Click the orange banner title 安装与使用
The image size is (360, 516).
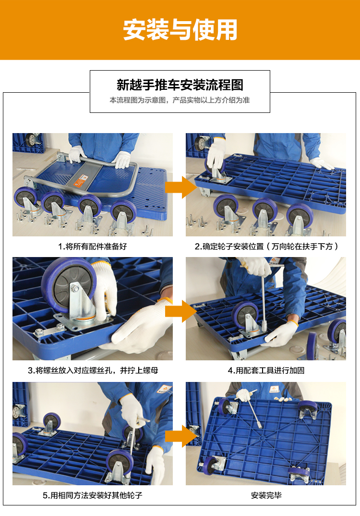tap(180, 30)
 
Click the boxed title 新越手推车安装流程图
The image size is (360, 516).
tap(180, 85)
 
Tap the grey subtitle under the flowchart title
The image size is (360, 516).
tap(180, 100)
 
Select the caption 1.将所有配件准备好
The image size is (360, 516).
tap(92, 246)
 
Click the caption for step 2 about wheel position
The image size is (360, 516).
tap(266, 246)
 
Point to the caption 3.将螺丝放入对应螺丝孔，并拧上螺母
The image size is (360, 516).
tap(93, 370)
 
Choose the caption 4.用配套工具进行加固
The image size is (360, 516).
tap(266, 370)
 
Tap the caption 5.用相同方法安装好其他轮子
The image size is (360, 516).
tap(92, 495)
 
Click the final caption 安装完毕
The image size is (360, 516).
tap(266, 495)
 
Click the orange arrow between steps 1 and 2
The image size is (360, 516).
tap(180, 187)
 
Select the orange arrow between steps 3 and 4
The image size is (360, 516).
tap(180, 311)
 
